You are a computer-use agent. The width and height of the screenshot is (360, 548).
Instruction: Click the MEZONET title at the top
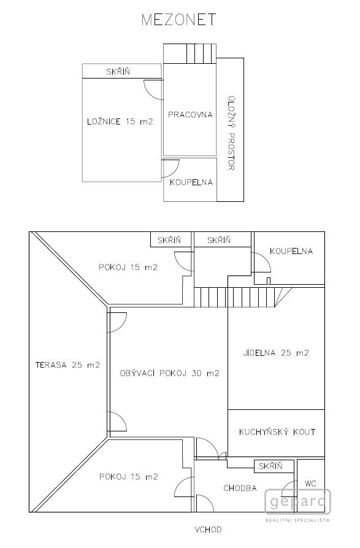click(x=179, y=20)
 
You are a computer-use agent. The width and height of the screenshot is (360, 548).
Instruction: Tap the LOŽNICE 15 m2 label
click(x=120, y=122)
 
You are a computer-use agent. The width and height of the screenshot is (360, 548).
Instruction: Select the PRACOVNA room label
click(x=190, y=115)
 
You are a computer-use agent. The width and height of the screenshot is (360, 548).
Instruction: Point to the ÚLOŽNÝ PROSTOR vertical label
click(x=231, y=133)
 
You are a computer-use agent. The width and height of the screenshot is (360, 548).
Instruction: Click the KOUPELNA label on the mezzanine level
click(x=191, y=182)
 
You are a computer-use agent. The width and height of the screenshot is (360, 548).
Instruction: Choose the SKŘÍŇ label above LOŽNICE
click(x=118, y=72)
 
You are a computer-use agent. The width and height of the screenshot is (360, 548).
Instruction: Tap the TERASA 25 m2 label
click(x=67, y=365)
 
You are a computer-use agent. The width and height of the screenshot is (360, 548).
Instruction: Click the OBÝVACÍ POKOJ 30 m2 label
click(x=170, y=373)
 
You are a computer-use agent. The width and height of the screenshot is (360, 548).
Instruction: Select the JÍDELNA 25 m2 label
click(x=276, y=353)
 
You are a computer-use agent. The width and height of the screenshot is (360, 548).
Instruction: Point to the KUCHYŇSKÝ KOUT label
click(x=277, y=432)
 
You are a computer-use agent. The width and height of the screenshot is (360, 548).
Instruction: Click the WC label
click(x=310, y=484)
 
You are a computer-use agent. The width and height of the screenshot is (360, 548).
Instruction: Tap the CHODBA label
click(x=240, y=488)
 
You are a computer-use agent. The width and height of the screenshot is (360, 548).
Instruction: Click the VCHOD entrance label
click(x=208, y=530)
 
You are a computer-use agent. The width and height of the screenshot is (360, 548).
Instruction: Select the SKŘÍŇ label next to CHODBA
click(x=271, y=466)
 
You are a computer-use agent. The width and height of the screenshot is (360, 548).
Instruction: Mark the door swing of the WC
click(x=286, y=487)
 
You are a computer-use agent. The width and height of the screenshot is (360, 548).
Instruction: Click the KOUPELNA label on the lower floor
click(x=291, y=251)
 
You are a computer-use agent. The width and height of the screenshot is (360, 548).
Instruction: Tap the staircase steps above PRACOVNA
click(x=201, y=53)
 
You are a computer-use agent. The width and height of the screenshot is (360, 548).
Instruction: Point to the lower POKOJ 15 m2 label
click(x=129, y=476)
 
